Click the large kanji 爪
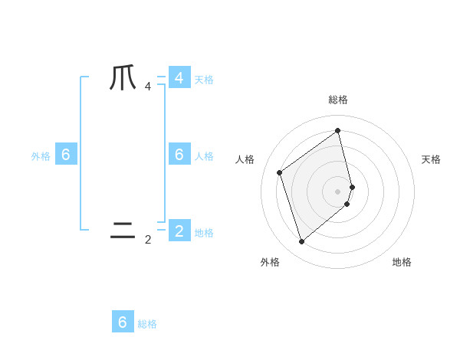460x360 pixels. point(123,78)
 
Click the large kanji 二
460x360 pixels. point(123,230)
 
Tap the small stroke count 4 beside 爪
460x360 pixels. point(148,87)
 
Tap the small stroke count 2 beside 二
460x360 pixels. point(148,240)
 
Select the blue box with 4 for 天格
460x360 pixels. point(179,78)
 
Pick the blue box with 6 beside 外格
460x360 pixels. point(66,155)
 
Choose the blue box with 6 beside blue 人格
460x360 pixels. point(179,155)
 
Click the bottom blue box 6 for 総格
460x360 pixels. point(123,322)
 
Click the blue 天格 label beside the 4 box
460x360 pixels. point(204,80)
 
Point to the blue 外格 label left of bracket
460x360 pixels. point(41,156)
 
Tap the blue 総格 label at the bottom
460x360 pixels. point(147,324)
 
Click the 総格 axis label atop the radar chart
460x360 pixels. point(338,100)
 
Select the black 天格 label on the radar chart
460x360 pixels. point(431,159)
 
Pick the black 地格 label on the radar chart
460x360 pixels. point(402,262)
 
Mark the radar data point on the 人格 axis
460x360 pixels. point(280,172)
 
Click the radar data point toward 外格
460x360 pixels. point(301,242)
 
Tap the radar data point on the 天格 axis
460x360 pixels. point(352,186)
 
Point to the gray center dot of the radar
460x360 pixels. point(338,191)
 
